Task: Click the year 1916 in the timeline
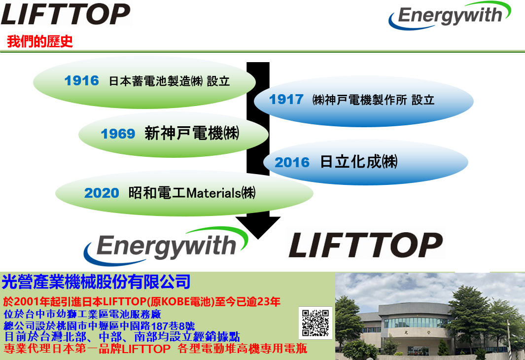click(x=82, y=81)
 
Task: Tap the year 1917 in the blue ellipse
click(x=286, y=100)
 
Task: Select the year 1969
click(x=118, y=134)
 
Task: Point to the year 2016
click(x=292, y=162)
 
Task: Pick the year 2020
click(x=102, y=193)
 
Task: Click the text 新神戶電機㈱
click(x=192, y=133)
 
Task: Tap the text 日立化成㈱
click(x=359, y=162)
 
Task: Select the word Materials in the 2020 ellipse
click(x=213, y=193)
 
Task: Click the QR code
click(x=315, y=323)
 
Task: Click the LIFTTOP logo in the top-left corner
click(x=66, y=14)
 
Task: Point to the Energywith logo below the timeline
click(x=166, y=247)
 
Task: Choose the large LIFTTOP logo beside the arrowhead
click(x=366, y=245)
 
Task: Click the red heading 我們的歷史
click(x=40, y=41)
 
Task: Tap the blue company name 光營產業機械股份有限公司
click(x=96, y=282)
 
